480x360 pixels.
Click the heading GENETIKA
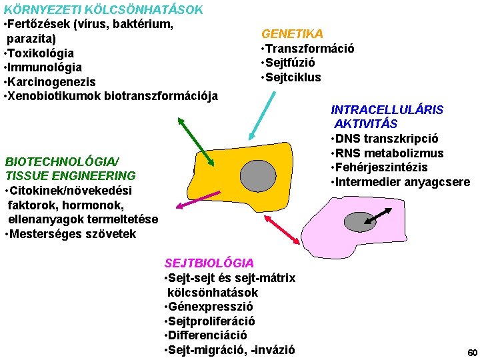click(x=292, y=33)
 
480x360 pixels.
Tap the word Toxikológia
click(x=41, y=53)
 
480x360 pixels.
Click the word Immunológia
click(x=45, y=67)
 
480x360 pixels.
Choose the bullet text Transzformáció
click(x=310, y=48)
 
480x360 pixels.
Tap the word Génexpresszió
click(x=211, y=307)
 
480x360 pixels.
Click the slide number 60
click(x=472, y=353)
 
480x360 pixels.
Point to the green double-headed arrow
click(x=195, y=140)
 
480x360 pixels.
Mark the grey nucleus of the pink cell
click(x=361, y=221)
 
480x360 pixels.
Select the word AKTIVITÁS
click(x=366, y=124)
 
